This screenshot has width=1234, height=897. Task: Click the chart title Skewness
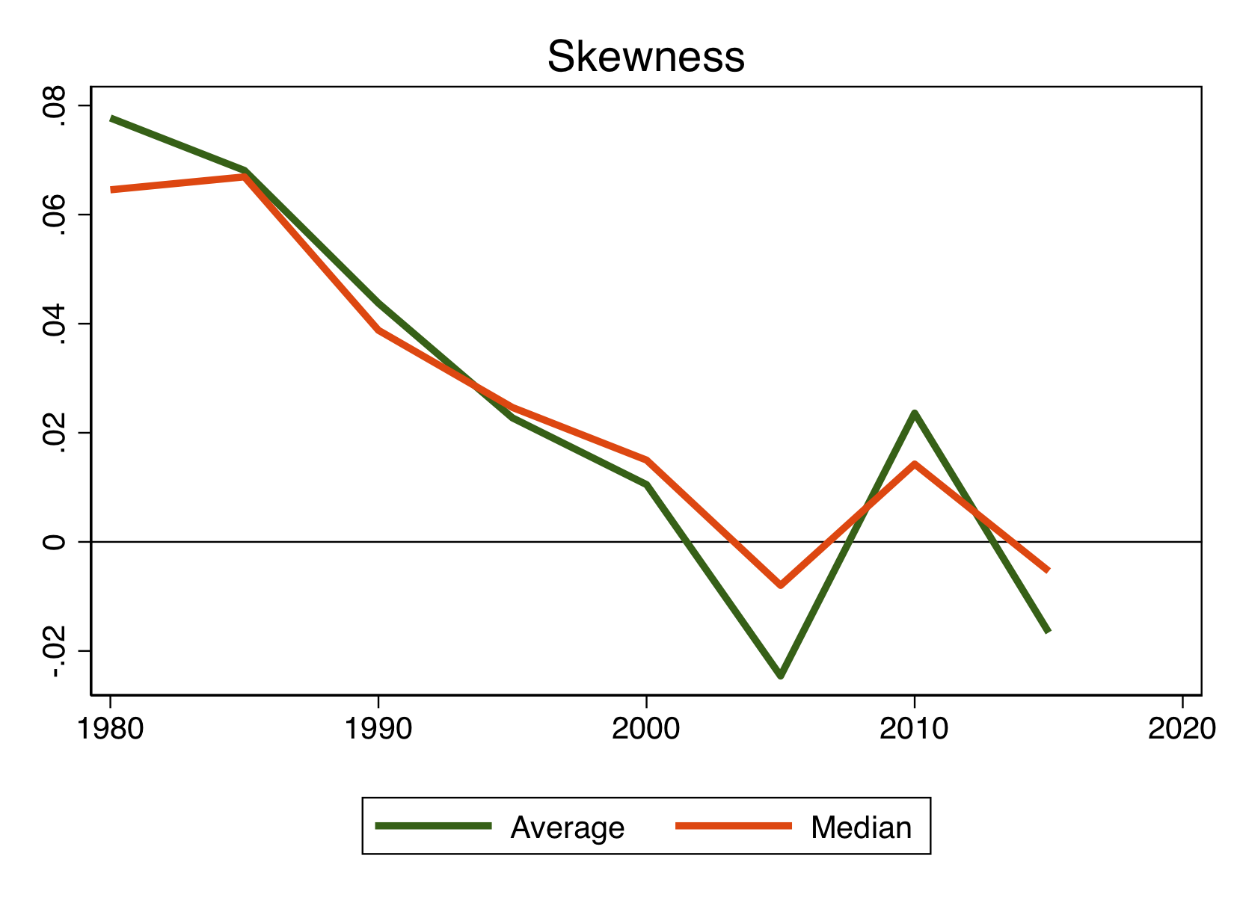click(645, 58)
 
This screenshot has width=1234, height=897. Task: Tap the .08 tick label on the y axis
click(53, 106)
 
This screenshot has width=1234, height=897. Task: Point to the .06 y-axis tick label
click(53, 215)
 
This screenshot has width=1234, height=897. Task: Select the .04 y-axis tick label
click(53, 324)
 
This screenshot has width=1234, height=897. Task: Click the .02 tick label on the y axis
click(53, 433)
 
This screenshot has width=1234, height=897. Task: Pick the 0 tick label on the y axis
click(53, 541)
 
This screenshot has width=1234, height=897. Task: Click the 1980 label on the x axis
click(110, 729)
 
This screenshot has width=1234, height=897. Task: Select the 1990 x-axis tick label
click(378, 729)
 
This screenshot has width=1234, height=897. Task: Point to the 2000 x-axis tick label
click(645, 729)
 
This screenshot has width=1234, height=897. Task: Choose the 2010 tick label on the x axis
click(914, 729)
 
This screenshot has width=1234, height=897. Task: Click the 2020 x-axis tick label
click(1181, 729)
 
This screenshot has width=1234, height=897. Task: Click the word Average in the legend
click(567, 827)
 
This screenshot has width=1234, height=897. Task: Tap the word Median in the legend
click(861, 827)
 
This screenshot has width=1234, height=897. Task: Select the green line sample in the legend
click(433, 826)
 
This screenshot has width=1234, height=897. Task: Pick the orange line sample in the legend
click(733, 826)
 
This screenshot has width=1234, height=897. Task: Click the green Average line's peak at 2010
click(914, 413)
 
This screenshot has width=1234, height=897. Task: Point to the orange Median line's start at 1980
click(112, 190)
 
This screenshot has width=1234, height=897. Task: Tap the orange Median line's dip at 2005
click(780, 585)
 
